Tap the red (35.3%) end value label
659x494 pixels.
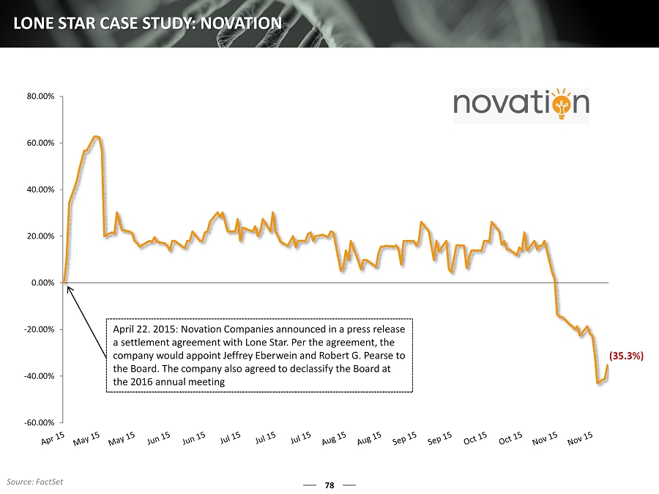(626, 356)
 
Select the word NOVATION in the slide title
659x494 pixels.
(241, 23)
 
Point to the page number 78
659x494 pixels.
(329, 484)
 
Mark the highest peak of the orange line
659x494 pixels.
(96, 137)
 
